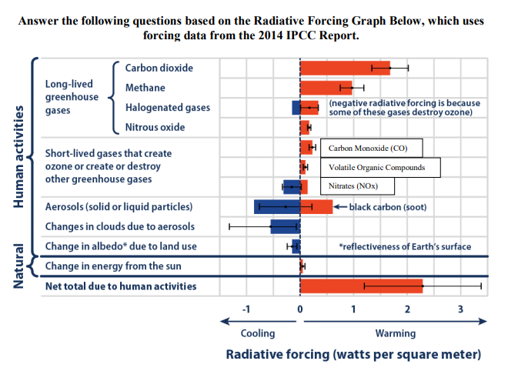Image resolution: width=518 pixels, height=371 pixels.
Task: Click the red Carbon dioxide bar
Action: (344, 68)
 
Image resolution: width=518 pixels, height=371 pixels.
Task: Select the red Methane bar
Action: (326, 87)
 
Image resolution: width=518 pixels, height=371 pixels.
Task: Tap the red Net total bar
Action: (360, 286)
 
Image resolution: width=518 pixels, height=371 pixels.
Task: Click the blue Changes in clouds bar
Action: (285, 226)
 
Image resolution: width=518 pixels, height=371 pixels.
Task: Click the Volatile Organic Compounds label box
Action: (381, 167)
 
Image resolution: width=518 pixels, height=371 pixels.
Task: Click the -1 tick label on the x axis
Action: (246, 309)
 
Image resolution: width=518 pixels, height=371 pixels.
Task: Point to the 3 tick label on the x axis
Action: (460, 309)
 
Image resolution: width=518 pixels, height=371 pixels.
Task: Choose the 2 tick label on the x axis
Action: (406, 309)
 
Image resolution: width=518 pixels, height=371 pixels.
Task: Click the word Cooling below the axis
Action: (258, 333)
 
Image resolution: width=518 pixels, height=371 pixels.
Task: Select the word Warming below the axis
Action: (395, 333)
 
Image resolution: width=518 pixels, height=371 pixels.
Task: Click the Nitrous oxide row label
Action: (155, 127)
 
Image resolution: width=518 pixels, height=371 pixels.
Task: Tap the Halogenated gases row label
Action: (167, 108)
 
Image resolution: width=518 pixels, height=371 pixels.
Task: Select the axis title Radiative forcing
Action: (353, 355)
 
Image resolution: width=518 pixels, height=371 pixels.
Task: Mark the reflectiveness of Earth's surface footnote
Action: (405, 247)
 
